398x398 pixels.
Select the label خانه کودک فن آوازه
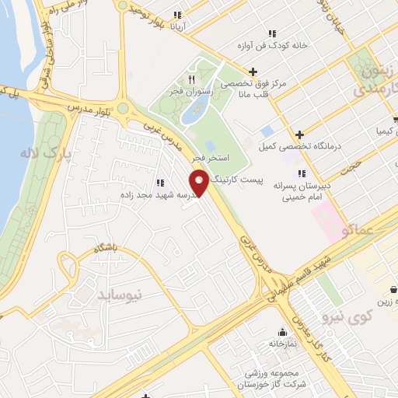point(278,45)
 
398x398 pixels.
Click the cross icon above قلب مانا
point(253,72)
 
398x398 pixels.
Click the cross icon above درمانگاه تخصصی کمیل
point(299,134)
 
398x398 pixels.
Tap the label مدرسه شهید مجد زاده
point(155,194)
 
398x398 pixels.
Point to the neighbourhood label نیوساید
point(121,295)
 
